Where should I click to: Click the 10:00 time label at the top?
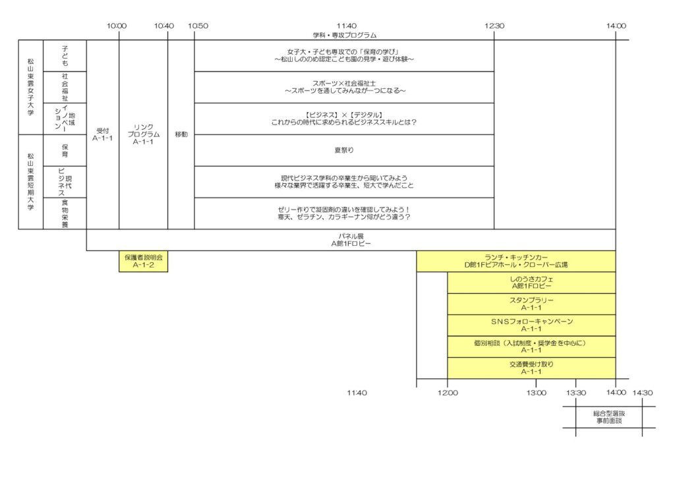pyautogui.click(x=117, y=26)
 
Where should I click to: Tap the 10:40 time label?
pyautogui.click(x=164, y=26)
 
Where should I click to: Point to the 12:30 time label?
pyautogui.click(x=494, y=26)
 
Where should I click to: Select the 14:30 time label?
pyautogui.click(x=642, y=393)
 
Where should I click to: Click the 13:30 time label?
pyautogui.click(x=576, y=393)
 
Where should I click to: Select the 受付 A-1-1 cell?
pyautogui.click(x=103, y=134)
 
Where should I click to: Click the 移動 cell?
pyautogui.click(x=181, y=134)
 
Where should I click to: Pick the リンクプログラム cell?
pyautogui.click(x=143, y=134)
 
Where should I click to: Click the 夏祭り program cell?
pyautogui.click(x=344, y=150)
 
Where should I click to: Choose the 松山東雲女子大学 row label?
pyautogui.click(x=30, y=87)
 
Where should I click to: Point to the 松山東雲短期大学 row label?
pyautogui.click(x=30, y=182)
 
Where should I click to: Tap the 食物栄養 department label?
pyautogui.click(x=65, y=213)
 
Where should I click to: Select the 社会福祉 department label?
pyautogui.click(x=65, y=87)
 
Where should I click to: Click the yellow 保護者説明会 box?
pyautogui.click(x=143, y=262)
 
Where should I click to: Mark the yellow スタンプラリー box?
pyautogui.click(x=531, y=304)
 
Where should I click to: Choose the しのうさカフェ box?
pyautogui.click(x=531, y=283)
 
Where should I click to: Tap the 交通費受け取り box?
pyautogui.click(x=531, y=368)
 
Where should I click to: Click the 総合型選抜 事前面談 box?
pyautogui.click(x=609, y=416)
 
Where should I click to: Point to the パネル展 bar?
pyautogui.click(x=351, y=240)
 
